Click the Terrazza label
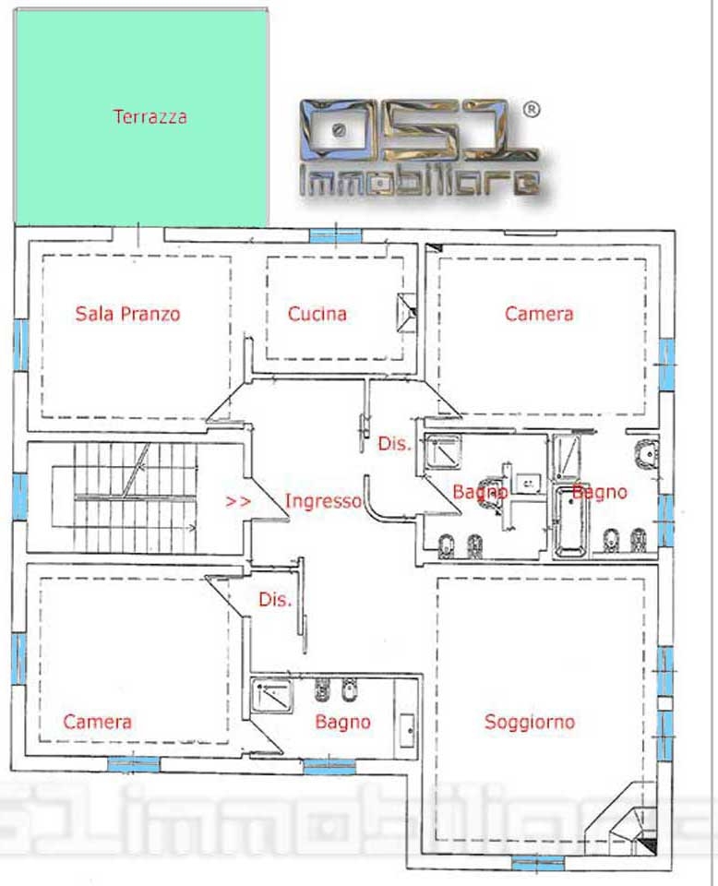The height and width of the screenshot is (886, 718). (150, 116)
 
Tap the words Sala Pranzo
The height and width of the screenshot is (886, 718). (127, 314)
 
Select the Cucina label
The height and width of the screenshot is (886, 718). (317, 314)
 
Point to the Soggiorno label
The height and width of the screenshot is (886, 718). (530, 722)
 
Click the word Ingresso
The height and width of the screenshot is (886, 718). (323, 500)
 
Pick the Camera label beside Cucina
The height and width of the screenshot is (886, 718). (539, 314)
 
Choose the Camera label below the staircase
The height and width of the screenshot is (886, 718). (97, 722)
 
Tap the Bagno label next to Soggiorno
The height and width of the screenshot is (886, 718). (343, 722)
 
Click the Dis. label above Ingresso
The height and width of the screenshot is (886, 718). (394, 444)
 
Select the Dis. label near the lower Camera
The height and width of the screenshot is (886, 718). (275, 600)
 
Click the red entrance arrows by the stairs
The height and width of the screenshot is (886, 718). (238, 501)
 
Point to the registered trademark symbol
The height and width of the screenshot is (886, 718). (531, 109)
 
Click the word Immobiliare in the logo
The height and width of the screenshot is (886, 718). (419, 182)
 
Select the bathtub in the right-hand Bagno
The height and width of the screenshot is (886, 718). (571, 522)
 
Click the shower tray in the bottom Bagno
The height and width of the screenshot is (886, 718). (271, 695)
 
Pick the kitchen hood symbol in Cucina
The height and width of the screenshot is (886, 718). (405, 312)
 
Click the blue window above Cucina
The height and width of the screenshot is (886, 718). (336, 235)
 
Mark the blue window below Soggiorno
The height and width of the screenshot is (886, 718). (537, 863)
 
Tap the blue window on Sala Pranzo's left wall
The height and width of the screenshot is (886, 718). (21, 344)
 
